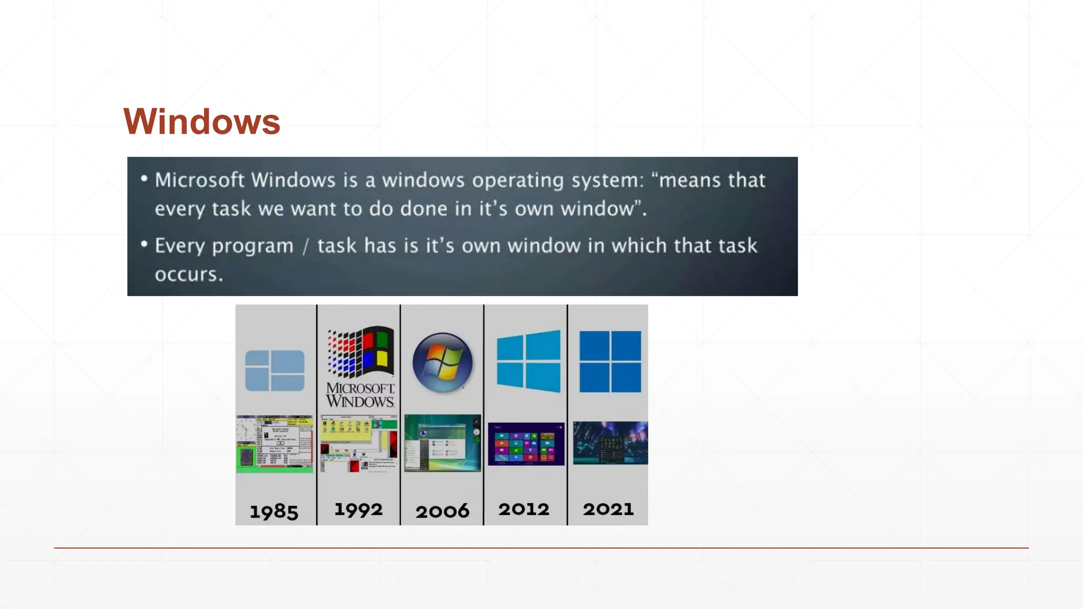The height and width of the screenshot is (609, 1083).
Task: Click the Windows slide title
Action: click(x=201, y=122)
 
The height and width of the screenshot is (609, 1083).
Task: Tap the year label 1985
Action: click(x=274, y=511)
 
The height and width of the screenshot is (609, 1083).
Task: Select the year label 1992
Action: click(x=358, y=510)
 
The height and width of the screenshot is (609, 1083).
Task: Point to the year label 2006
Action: click(x=442, y=511)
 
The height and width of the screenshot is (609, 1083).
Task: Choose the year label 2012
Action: click(x=524, y=509)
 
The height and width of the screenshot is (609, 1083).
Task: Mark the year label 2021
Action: click(x=608, y=509)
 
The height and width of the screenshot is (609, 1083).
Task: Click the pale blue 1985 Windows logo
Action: click(x=274, y=371)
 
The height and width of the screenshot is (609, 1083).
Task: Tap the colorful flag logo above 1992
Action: click(x=361, y=352)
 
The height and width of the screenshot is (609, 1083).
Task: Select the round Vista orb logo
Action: click(x=443, y=363)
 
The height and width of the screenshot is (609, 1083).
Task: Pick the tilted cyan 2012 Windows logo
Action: click(x=528, y=362)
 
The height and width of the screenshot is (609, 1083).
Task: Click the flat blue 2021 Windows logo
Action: click(x=610, y=362)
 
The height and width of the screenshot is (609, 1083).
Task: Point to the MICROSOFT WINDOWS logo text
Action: click(x=360, y=395)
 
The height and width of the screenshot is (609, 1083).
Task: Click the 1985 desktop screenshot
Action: click(x=274, y=444)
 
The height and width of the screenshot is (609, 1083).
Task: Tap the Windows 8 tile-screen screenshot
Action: click(x=526, y=444)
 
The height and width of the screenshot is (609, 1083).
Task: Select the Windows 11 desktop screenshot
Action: click(x=610, y=443)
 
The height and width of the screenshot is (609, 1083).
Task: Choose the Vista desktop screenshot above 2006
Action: click(x=443, y=443)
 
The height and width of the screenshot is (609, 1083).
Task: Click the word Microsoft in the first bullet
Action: click(x=199, y=180)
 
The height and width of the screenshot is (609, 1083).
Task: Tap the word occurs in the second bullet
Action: click(x=189, y=274)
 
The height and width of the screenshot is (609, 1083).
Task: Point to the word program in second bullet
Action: click(x=252, y=246)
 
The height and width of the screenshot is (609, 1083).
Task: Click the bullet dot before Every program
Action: click(x=144, y=245)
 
